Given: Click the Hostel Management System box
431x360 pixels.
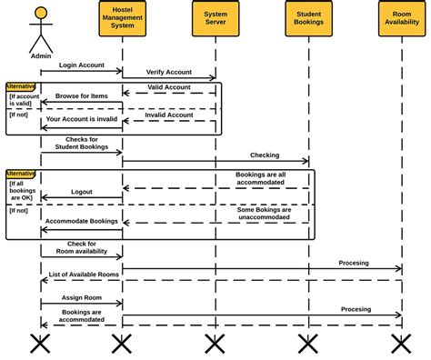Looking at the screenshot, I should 122,20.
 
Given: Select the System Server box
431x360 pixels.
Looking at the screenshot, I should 215,20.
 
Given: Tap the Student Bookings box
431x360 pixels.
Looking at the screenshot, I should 308,20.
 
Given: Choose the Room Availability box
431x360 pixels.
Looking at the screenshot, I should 401,20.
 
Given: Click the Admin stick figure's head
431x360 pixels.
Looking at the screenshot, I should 40,14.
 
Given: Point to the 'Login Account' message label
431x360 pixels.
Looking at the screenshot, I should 81,65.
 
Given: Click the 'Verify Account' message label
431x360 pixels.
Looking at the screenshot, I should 169,73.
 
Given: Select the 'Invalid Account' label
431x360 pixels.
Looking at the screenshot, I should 169,115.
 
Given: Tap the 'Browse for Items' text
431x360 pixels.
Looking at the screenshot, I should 81,95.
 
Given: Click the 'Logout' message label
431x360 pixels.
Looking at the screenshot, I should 81,193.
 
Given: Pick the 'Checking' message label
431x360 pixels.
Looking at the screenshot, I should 265,155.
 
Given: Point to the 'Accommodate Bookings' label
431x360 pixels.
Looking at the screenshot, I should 81,221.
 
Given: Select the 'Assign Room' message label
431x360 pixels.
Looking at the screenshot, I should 81,297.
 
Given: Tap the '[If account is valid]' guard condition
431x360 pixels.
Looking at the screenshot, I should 24,99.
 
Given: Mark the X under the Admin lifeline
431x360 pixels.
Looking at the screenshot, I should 40,343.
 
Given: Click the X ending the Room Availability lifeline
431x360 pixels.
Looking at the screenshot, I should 401,343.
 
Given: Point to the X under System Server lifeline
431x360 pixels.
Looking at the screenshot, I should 215,343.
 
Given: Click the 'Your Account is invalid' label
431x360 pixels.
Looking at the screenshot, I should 81,119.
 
